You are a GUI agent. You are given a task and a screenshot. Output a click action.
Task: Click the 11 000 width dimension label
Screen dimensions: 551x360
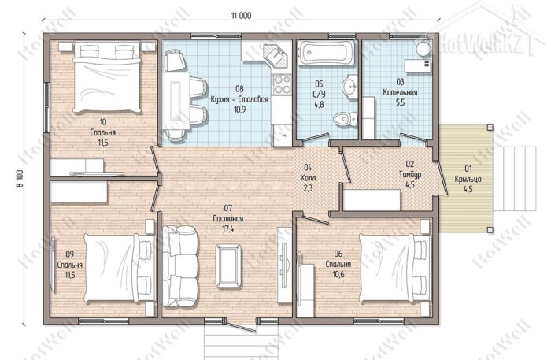(241, 16)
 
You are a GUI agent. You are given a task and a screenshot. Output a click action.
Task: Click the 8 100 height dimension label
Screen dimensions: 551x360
(20, 179)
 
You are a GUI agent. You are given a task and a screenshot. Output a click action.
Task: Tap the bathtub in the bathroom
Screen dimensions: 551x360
(327, 53)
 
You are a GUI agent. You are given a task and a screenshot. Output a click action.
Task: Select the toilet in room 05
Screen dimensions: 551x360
(345, 119)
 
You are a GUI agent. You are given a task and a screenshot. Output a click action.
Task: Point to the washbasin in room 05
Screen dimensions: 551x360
(349, 85)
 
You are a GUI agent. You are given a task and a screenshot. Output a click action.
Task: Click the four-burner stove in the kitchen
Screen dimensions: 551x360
(282, 85)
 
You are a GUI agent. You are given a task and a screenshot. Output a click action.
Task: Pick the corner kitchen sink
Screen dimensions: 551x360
(276, 56)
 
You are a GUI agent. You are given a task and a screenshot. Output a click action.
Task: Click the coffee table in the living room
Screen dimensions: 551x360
(229, 266)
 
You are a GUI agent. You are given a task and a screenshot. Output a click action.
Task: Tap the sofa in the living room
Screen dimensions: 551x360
(180, 266)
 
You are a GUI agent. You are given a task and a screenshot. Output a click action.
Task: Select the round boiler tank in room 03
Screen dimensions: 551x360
(424, 49)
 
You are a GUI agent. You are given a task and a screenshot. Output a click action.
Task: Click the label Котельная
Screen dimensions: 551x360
(400, 92)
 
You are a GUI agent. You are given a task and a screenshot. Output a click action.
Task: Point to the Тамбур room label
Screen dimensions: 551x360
(410, 174)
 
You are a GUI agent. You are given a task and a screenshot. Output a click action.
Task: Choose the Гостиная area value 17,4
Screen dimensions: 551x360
(228, 229)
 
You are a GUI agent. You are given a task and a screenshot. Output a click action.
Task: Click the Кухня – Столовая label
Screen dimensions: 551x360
(239, 99)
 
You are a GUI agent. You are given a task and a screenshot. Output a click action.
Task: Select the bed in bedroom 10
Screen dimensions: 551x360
(107, 77)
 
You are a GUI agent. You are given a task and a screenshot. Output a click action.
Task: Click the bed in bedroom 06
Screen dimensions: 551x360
(394, 268)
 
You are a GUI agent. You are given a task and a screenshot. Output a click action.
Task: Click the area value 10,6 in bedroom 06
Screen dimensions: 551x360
(338, 274)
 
